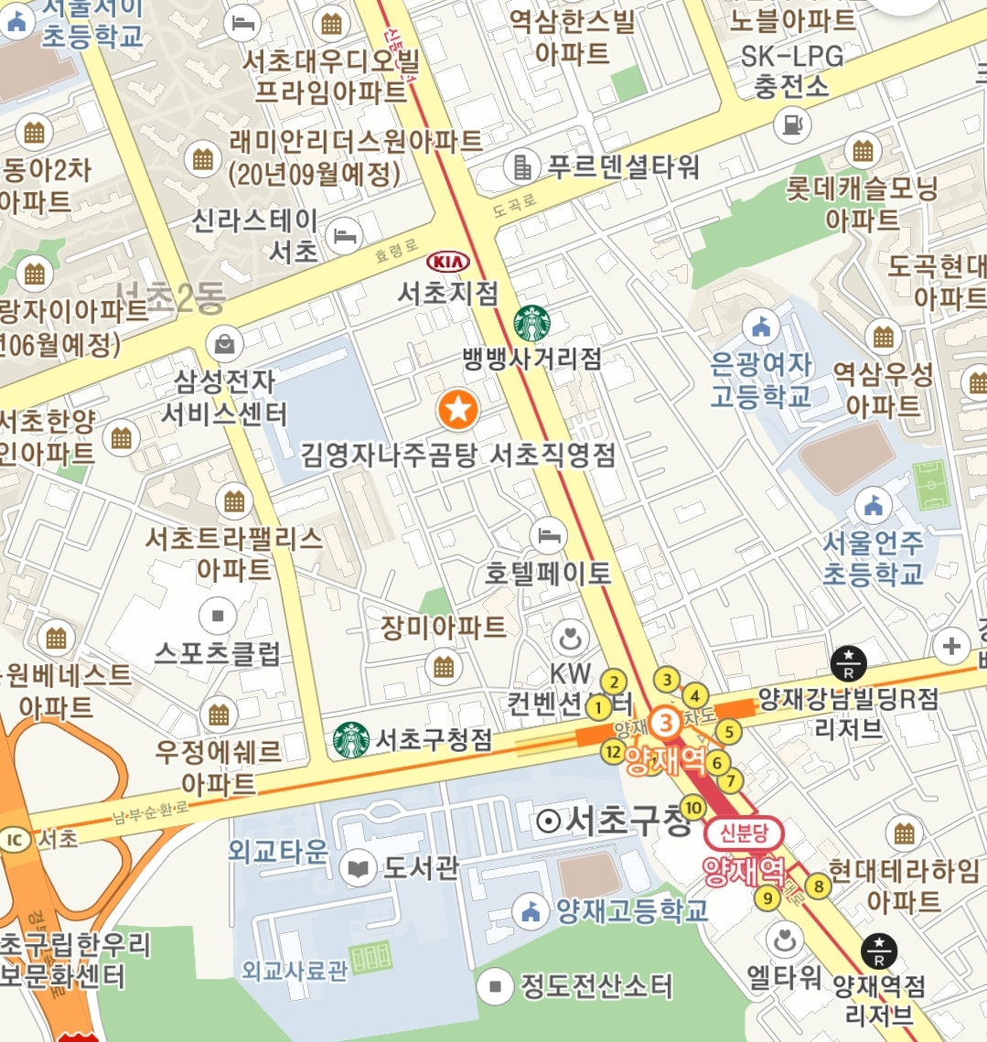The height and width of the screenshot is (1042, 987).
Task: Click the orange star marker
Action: point(458,410)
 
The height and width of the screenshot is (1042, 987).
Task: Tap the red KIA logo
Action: point(448,263)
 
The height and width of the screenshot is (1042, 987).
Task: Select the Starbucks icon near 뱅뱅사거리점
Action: point(532,324)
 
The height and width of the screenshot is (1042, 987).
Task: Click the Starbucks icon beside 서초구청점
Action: point(351,740)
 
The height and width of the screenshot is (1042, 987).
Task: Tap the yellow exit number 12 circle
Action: point(613,752)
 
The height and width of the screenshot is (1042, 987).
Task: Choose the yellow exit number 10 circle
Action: point(692,808)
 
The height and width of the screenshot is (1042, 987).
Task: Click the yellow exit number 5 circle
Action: point(728,731)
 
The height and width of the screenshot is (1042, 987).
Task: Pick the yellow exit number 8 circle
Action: point(818,886)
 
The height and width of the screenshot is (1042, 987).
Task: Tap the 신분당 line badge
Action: point(744,833)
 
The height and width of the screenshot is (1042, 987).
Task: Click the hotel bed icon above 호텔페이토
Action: point(547,534)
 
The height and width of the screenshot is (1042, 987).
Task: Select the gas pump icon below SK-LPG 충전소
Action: point(792,124)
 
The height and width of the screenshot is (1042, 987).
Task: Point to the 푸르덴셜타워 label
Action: point(624,167)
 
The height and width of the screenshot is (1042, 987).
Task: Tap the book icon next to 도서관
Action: point(358,867)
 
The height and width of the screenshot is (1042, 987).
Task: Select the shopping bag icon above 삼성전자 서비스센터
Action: point(224,344)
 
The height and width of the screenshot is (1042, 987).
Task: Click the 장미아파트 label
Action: point(444,628)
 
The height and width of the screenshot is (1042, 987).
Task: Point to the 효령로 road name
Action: point(396,252)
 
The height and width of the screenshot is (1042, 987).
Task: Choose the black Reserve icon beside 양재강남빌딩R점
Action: point(848,663)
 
